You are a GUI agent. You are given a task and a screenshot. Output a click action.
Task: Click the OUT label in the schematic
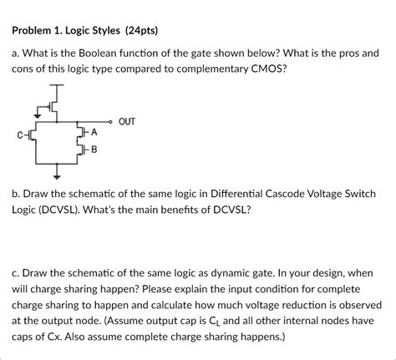tap(127, 122)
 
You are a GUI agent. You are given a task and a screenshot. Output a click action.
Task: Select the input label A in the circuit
tap(94, 132)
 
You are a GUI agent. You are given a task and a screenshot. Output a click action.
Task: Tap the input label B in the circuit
tap(94, 150)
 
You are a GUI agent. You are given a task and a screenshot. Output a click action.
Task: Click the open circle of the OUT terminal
tap(109, 123)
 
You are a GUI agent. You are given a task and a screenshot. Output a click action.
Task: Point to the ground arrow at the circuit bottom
tap(58, 175)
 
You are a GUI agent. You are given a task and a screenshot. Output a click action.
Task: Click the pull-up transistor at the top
tap(54, 106)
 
